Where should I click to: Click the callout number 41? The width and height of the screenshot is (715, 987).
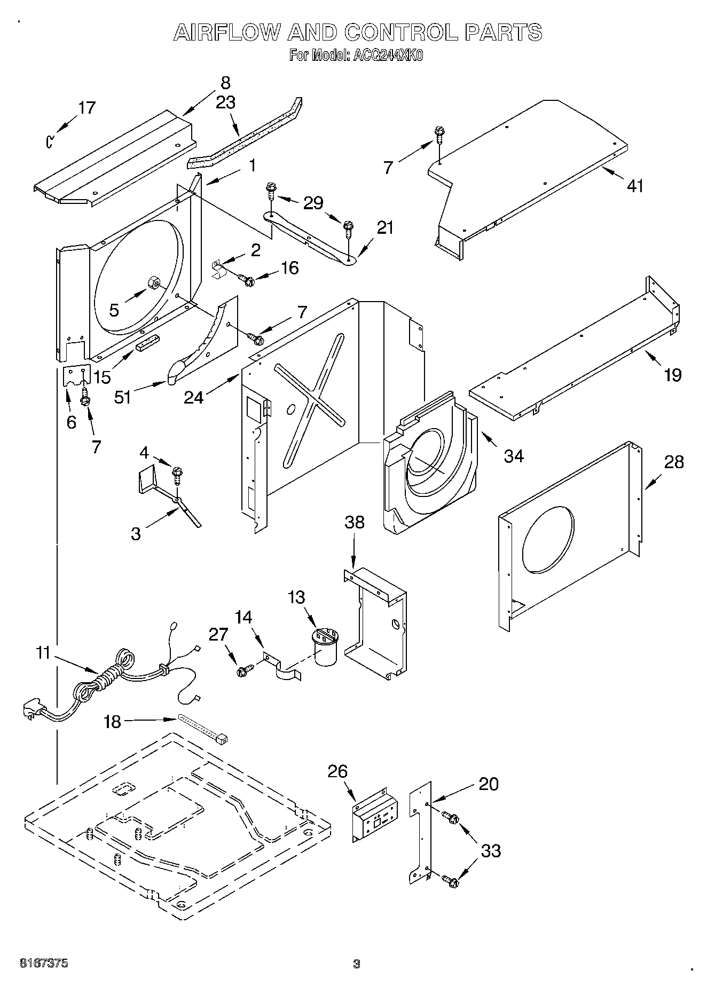tap(635, 186)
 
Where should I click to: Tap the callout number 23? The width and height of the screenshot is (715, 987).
tap(225, 102)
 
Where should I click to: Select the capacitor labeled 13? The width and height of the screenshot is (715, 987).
tap(325, 647)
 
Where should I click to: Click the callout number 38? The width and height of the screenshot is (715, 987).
tap(355, 522)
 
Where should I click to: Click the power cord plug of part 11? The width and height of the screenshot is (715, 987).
tap(32, 710)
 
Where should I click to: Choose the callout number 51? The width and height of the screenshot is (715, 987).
tap(123, 397)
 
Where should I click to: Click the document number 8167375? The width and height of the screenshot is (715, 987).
tap(44, 964)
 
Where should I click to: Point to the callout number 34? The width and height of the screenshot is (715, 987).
tap(514, 456)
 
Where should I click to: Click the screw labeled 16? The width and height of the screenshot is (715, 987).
tap(248, 279)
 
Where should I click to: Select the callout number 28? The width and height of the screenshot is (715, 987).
tap(673, 462)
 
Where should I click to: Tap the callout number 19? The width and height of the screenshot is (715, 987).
tap(673, 375)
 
